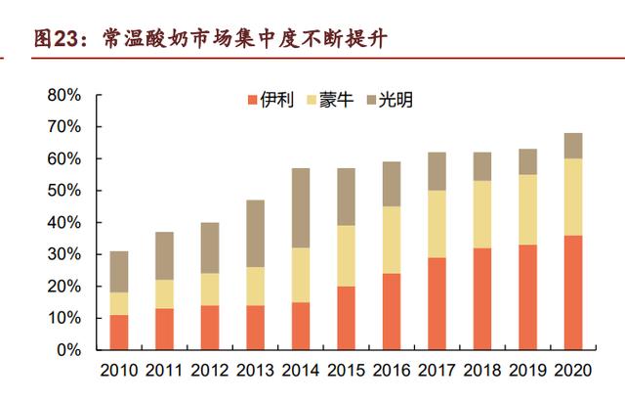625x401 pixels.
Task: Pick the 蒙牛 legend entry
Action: click(x=330, y=100)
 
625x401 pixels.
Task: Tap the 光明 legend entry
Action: click(x=389, y=100)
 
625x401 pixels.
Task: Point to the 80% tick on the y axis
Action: click(x=62, y=96)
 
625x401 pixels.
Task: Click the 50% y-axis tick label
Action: click(x=62, y=191)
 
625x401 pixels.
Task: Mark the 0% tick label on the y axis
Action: click(x=67, y=350)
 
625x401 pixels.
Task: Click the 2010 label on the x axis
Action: click(x=118, y=371)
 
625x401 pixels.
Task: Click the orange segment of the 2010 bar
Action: click(x=118, y=333)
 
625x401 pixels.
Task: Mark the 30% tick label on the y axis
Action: click(x=62, y=254)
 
